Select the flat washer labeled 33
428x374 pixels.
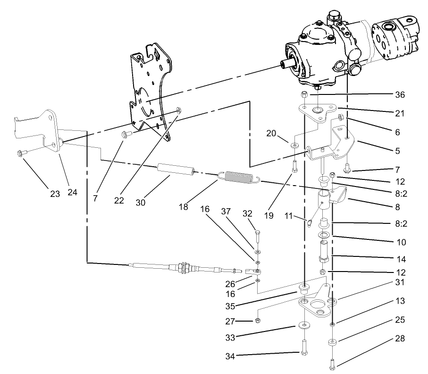[x=304, y=325]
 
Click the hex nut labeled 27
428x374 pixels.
[x=259, y=321]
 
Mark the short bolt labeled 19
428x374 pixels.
[x=294, y=166]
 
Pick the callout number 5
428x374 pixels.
[x=397, y=151]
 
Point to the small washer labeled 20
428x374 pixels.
[x=294, y=144]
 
